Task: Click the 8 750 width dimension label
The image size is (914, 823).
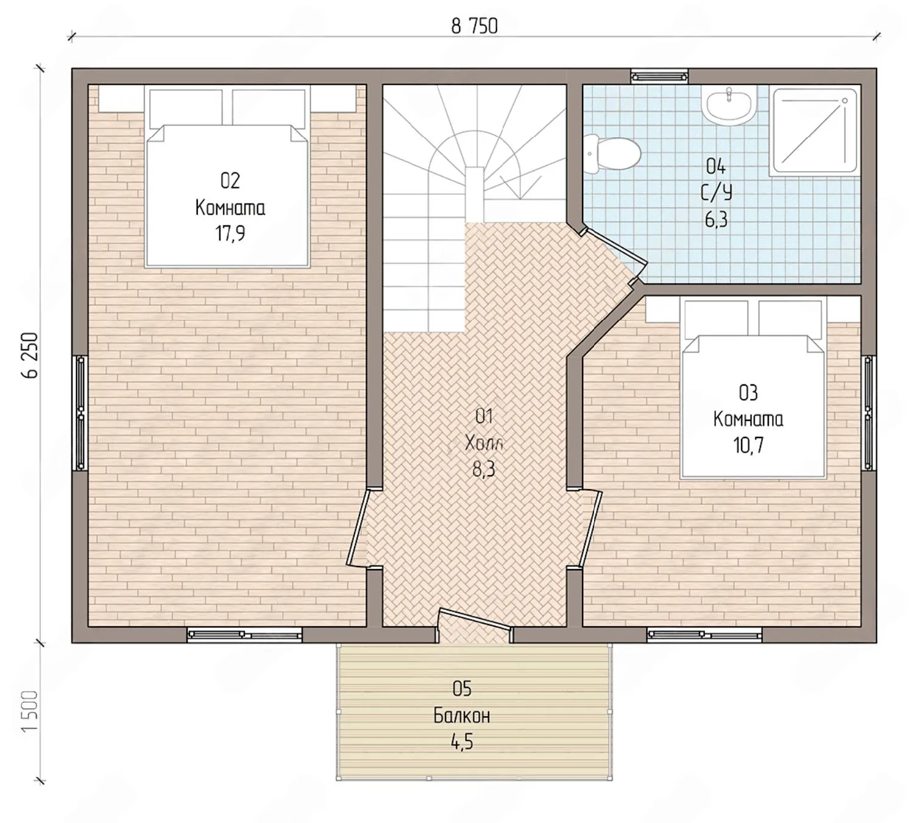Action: [474, 26]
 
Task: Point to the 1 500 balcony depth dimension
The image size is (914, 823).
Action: [30, 711]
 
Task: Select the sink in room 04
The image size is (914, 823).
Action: [729, 106]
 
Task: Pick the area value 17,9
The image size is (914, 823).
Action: [230, 233]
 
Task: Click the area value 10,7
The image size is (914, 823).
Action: [748, 445]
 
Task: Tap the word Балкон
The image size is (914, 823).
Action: [461, 716]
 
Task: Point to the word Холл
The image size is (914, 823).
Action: [484, 442]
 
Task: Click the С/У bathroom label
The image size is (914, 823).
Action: [717, 193]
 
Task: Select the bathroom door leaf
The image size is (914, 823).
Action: [615, 247]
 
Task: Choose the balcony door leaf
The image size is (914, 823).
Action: [474, 618]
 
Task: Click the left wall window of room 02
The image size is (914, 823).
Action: [80, 413]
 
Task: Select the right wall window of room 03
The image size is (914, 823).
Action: [868, 413]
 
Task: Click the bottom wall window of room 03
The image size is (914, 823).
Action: [704, 634]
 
